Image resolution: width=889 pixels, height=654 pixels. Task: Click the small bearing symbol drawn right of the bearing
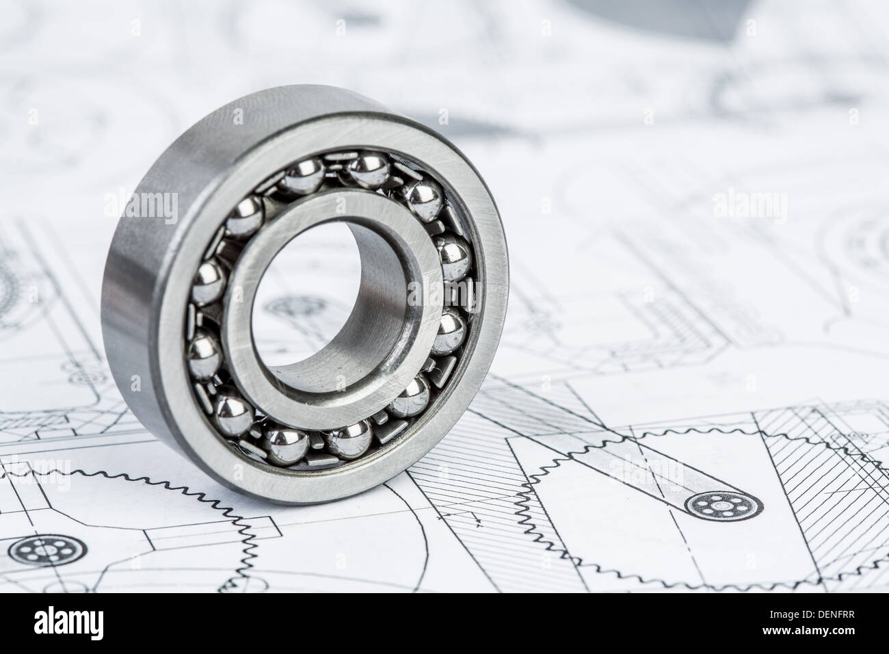[x=714, y=507]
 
